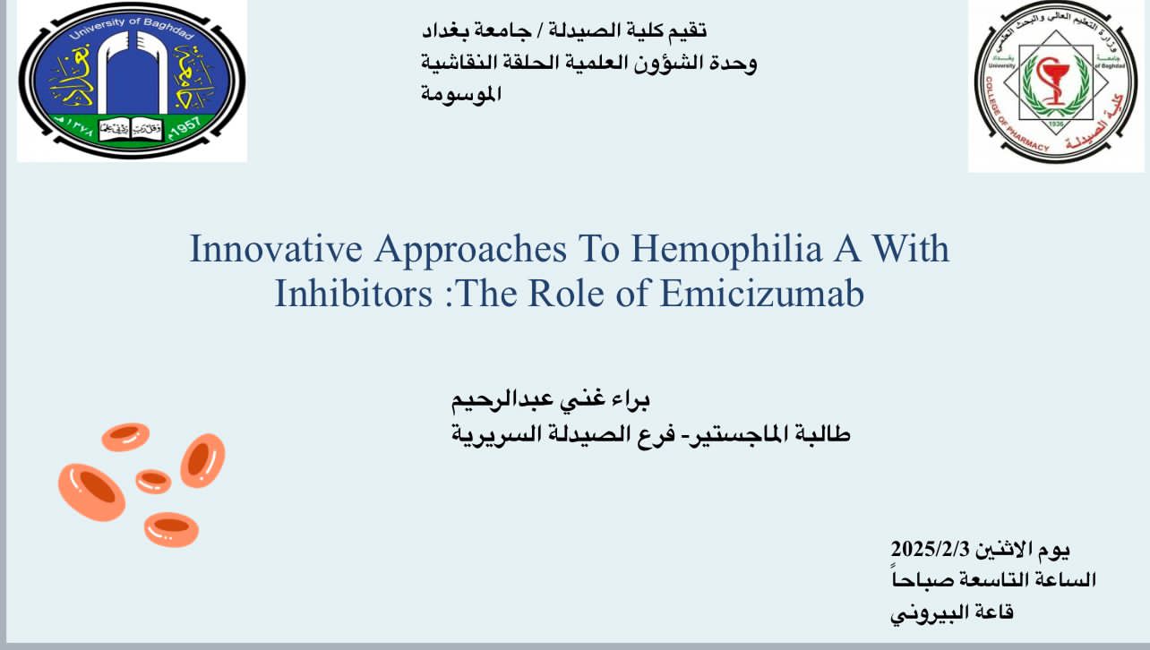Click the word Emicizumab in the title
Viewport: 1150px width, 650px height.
pos(762,294)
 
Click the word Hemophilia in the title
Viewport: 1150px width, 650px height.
pos(726,249)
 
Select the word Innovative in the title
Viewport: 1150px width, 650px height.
pos(276,248)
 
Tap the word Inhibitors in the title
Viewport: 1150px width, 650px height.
pos(354,294)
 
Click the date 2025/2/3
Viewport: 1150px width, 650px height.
pos(930,550)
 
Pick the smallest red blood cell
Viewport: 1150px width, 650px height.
pos(153,481)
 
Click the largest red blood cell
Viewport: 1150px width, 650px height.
pos(91,492)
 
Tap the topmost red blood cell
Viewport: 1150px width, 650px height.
pos(125,437)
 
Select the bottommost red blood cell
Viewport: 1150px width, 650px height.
pos(171,529)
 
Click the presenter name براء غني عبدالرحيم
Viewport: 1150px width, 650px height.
pos(550,400)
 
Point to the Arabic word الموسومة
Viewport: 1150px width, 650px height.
pos(460,94)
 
